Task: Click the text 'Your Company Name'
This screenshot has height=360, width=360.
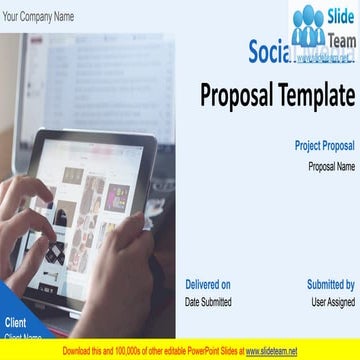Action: tap(38, 17)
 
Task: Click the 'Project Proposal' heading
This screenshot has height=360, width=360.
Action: tap(324, 146)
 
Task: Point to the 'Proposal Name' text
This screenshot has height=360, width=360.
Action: tap(331, 166)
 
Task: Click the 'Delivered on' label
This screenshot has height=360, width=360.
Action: tap(208, 284)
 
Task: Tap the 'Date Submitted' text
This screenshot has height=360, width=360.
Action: tap(208, 302)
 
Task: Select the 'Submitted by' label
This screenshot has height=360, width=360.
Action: tap(330, 284)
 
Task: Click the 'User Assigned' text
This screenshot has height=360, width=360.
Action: tap(333, 302)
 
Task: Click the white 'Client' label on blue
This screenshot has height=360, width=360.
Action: tap(16, 322)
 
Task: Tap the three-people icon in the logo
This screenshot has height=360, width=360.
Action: tap(308, 27)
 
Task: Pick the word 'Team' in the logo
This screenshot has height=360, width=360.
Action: tap(341, 38)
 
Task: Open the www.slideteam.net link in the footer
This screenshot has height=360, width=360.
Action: tap(271, 351)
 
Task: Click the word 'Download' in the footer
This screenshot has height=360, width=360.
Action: tap(79, 351)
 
